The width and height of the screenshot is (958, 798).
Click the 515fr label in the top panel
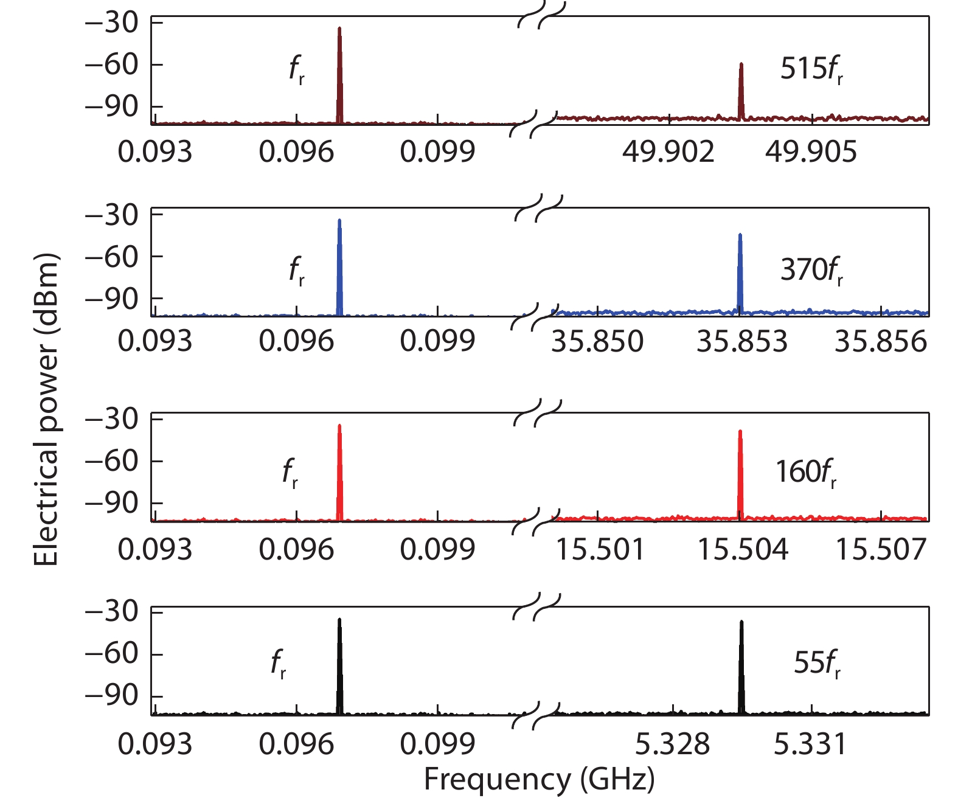[811, 69]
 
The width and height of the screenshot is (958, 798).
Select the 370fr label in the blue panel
[811, 270]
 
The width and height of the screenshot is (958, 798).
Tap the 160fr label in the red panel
[805, 472]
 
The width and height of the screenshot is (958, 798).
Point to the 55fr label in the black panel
[817, 663]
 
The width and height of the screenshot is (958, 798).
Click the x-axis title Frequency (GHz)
[539, 780]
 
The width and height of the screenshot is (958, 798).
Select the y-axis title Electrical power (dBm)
[46, 409]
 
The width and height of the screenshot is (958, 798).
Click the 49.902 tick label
[668, 151]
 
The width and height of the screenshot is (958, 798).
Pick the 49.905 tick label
[811, 151]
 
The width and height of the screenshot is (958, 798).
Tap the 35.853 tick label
[741, 342]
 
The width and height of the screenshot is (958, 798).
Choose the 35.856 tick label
[881, 342]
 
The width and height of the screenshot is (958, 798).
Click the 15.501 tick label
[600, 550]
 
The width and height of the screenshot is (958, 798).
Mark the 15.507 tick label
[881, 550]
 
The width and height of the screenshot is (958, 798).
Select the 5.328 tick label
[673, 744]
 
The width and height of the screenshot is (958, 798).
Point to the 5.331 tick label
[810, 744]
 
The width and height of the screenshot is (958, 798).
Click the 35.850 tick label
[597, 342]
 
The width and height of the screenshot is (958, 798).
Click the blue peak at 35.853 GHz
[740, 274]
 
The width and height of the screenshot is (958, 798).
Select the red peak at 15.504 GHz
[740, 474]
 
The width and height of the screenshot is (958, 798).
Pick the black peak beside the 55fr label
[741, 666]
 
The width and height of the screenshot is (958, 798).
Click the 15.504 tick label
[742, 550]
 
